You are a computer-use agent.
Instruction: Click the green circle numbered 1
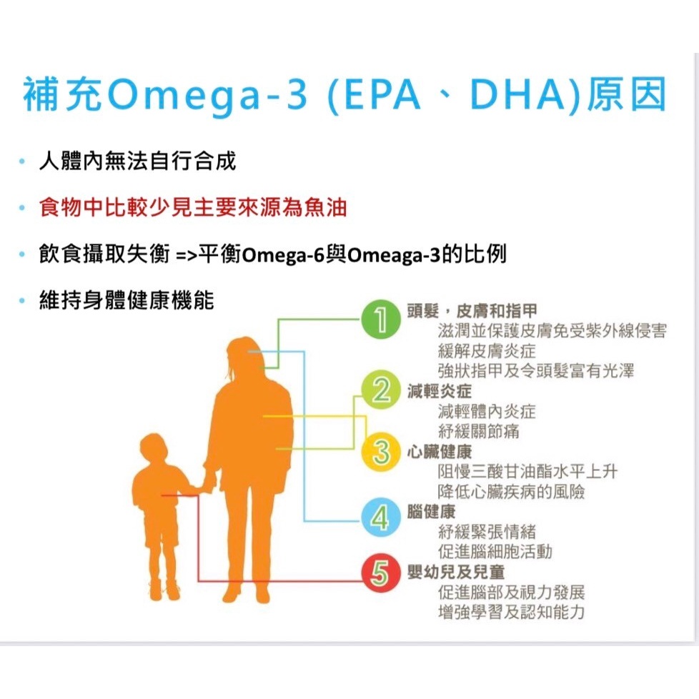point(381,319)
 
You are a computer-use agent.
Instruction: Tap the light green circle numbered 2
point(381,390)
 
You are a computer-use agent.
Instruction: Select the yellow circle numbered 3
point(381,452)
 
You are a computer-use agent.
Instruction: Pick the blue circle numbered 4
point(381,517)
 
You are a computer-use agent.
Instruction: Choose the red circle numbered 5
point(381,572)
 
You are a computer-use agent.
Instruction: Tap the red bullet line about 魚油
point(192,208)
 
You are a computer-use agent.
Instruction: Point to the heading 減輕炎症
point(439,391)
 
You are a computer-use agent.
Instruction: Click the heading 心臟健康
point(439,452)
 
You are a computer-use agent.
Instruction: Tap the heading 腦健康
point(431,512)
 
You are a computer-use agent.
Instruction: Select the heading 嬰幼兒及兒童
point(455,572)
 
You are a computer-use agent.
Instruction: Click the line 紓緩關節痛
point(478,431)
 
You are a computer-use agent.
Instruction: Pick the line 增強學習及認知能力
point(511,612)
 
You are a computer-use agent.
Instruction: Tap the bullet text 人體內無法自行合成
point(137,161)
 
